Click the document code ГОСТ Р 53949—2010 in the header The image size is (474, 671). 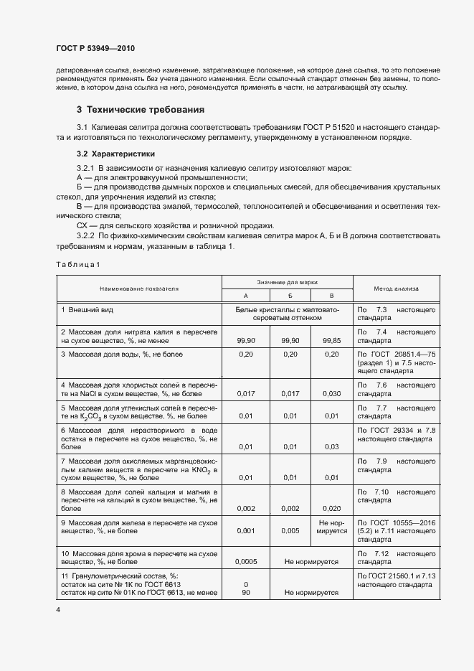pos(96,47)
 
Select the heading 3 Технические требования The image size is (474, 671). pos(141,110)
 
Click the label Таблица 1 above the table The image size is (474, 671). pos(78,264)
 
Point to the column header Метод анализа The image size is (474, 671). pos(397,288)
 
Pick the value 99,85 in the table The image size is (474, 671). pos(331,342)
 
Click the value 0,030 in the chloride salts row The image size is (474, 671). pos(331,394)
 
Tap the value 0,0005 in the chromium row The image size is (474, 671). pos(246,563)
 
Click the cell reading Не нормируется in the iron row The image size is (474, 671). pos(332,527)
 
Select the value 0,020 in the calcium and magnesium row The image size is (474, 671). pos(331,508)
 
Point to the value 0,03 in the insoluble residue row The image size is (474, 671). pos(331,447)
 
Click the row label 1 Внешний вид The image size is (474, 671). pos(87,309)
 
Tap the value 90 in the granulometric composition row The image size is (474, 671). pos(246,593)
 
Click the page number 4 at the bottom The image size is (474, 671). pos(58,610)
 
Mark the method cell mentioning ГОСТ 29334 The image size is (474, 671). pos(397,434)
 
